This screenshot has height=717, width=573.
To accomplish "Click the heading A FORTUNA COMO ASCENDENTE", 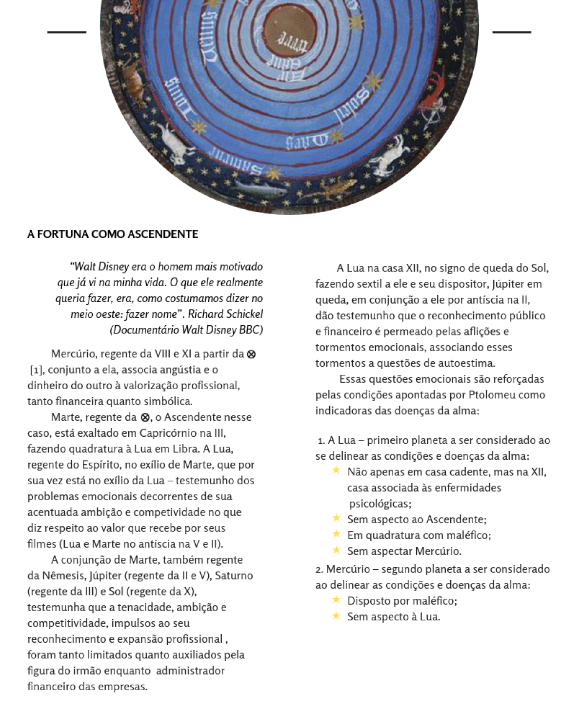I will [112, 234].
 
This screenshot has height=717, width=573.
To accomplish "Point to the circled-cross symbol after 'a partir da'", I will [251, 354].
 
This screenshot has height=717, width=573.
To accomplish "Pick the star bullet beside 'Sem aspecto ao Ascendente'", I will [336, 518].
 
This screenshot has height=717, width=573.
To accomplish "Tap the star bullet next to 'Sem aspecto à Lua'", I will [336, 616].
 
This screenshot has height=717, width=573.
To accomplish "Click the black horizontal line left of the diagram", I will [67, 32].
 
